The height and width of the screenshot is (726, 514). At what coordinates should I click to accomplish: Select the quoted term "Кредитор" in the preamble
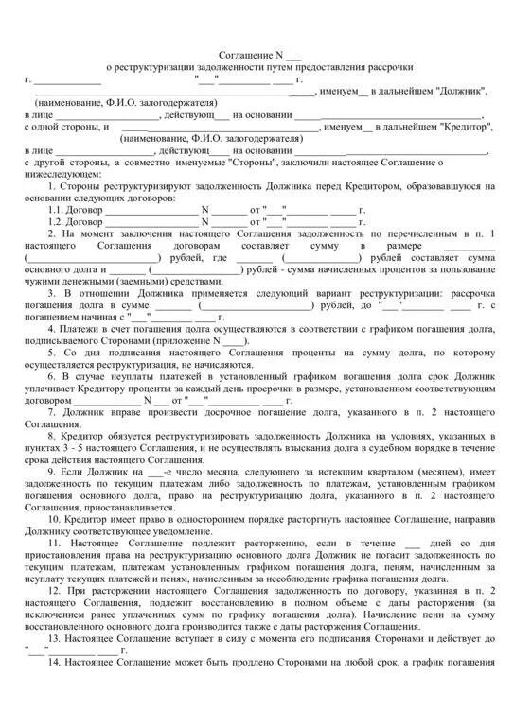click(x=452, y=127)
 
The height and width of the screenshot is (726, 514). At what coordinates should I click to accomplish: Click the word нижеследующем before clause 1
click(x=66, y=175)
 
